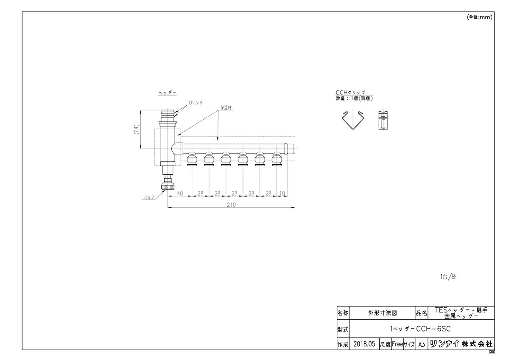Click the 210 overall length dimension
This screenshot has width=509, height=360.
pyautogui.click(x=231, y=205)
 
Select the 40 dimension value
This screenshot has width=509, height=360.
pyautogui.click(x=180, y=194)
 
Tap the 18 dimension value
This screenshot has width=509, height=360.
pyautogui.click(x=282, y=194)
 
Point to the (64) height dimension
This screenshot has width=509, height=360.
pyautogui.click(x=136, y=129)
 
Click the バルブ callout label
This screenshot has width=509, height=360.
pyautogui.click(x=149, y=197)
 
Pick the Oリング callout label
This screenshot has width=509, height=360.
pyautogui.click(x=196, y=103)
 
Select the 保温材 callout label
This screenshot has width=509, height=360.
pyautogui.click(x=226, y=108)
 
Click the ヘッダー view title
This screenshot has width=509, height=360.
pyautogui.click(x=168, y=93)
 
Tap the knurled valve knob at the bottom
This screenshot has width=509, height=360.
pyautogui.click(x=168, y=186)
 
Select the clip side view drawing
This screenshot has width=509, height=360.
pyautogui.click(x=383, y=120)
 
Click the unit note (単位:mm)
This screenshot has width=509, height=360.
pyautogui.click(x=479, y=17)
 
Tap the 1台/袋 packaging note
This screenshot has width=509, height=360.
pyautogui.click(x=448, y=277)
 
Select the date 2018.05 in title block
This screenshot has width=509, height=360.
pyautogui.click(x=364, y=343)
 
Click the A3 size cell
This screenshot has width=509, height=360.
pyautogui.click(x=422, y=344)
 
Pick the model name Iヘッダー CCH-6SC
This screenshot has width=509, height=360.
pyautogui.click(x=420, y=329)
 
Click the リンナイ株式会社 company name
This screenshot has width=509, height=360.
pyautogui.click(x=461, y=344)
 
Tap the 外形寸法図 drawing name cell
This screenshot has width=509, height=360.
pyautogui.click(x=383, y=313)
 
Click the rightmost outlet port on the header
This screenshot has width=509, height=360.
pyautogui.click(x=277, y=160)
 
